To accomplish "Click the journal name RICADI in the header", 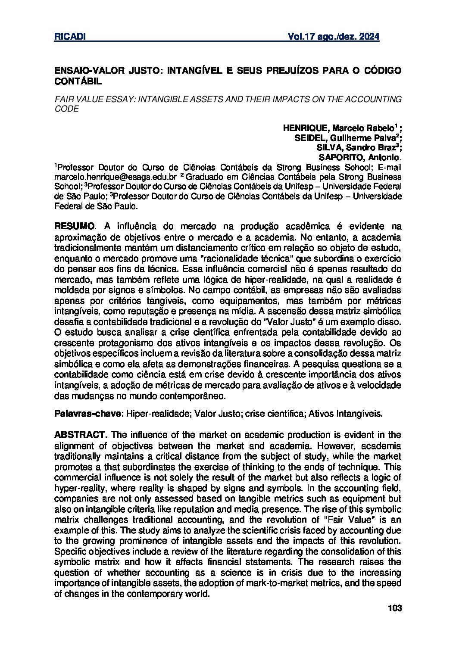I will pyautogui.click(x=70, y=37).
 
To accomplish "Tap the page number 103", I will pyautogui.click(x=394, y=608).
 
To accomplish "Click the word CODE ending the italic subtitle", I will pyautogui.click(x=66, y=109).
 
